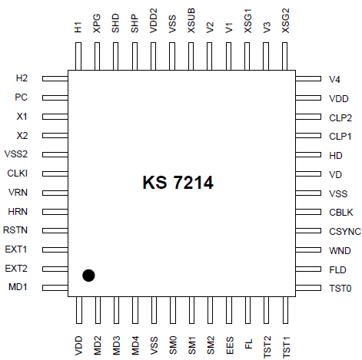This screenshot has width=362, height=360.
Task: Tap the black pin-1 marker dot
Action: [x=89, y=275]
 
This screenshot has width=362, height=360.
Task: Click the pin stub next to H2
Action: [x=55, y=78]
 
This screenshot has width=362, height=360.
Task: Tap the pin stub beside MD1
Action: [x=55, y=288]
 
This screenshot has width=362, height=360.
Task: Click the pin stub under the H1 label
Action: [x=78, y=57]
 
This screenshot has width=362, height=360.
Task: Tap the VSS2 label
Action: [x=16, y=154]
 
